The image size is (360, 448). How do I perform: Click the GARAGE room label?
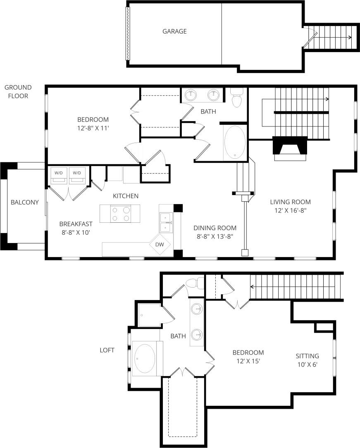[174, 31]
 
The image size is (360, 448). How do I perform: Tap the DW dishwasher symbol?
[160, 245]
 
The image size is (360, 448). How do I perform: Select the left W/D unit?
[58, 175]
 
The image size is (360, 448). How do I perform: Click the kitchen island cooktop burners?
[120, 214]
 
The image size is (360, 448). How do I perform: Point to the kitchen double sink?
[166, 222]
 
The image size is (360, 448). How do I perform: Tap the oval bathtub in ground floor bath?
[235, 143]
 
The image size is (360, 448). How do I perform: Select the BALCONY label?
[25, 202]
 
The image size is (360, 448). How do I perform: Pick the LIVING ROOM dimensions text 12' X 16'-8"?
[290, 210]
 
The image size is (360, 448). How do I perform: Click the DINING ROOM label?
[215, 228]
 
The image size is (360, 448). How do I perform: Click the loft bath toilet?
[193, 284]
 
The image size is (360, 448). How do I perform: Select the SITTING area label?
[307, 356]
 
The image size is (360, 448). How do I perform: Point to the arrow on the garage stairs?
[349, 37]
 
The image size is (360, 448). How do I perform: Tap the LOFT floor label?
[107, 350]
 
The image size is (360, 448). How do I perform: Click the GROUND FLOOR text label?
[18, 91]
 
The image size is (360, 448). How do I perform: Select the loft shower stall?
[149, 315]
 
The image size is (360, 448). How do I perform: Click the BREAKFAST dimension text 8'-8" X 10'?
[75, 232]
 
